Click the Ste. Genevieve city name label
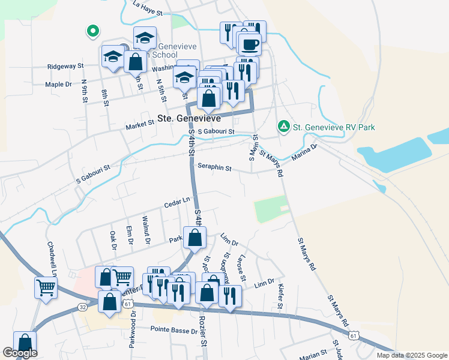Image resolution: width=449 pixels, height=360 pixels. click(x=190, y=118)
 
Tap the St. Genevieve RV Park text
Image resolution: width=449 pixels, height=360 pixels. click(x=334, y=127)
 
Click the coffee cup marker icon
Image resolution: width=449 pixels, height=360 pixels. click(x=249, y=44)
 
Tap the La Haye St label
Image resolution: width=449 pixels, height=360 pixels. click(x=148, y=6)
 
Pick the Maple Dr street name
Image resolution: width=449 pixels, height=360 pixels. click(x=58, y=85)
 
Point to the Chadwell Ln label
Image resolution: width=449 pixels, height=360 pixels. click(x=51, y=259)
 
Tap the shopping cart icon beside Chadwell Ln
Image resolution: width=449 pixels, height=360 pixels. click(x=46, y=287)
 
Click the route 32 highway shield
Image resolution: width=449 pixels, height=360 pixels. click(x=82, y=307)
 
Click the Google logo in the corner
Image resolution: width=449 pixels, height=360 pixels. click(x=20, y=353)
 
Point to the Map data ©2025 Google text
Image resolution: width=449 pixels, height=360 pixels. click(x=411, y=355)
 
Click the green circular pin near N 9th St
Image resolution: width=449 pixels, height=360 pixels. click(x=92, y=30)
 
